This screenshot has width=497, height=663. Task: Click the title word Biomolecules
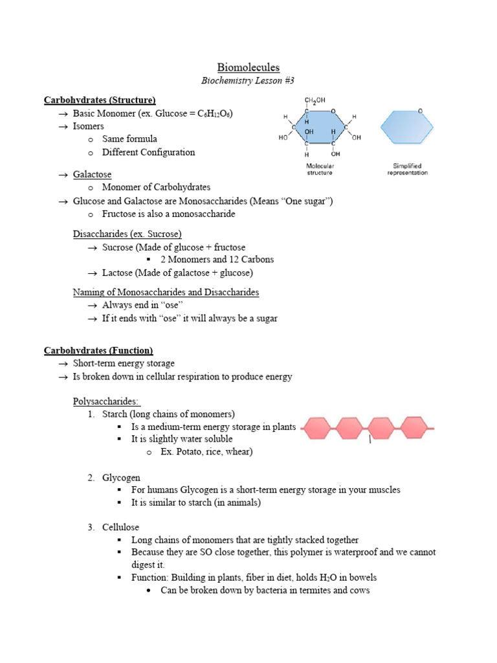click(248, 67)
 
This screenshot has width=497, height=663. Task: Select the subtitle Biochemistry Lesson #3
click(248, 81)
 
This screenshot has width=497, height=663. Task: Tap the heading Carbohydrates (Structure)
click(100, 100)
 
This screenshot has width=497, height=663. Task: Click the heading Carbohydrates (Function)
click(98, 350)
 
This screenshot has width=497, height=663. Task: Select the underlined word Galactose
click(92, 175)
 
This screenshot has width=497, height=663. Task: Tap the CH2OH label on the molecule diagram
click(315, 100)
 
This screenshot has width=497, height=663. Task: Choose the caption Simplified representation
click(407, 170)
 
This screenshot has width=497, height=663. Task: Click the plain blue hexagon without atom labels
click(406, 127)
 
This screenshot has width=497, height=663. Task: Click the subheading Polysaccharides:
click(105, 401)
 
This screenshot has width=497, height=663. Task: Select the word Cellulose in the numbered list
click(120, 527)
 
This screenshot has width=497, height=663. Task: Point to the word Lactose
click(118, 273)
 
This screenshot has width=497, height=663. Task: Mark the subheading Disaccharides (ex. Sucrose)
click(127, 234)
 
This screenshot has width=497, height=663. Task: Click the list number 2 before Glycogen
click(91, 477)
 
